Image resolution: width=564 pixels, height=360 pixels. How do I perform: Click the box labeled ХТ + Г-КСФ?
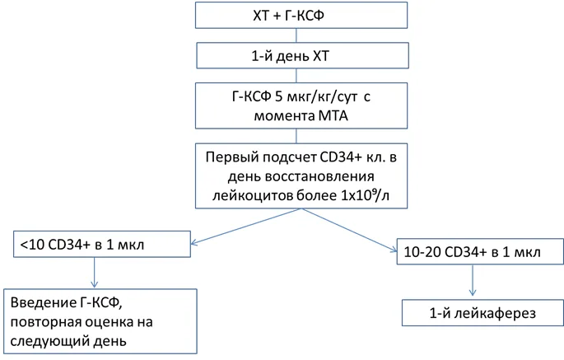pyautogui.click(x=301, y=15)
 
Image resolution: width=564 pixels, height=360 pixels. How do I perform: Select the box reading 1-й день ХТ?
pyautogui.click(x=302, y=55)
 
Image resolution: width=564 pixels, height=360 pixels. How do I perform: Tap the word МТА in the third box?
pyautogui.click(x=333, y=116)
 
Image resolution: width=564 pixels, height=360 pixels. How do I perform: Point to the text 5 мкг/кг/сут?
pyautogui.click(x=316, y=97)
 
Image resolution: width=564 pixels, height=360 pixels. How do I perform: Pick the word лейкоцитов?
pyautogui.click(x=252, y=195)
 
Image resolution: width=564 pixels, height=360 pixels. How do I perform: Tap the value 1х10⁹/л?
pyautogui.click(x=365, y=195)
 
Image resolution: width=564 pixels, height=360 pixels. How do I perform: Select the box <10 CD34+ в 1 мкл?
pyautogui.click(x=102, y=244)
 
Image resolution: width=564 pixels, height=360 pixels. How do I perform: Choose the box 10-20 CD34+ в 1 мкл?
pyautogui.click(x=480, y=251)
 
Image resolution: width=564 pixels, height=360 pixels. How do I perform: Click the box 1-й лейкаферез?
pyautogui.click(x=482, y=313)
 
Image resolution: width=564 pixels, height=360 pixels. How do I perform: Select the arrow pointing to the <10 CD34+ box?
pyautogui.click(x=246, y=227)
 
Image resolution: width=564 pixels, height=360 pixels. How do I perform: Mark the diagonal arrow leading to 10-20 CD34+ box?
pyautogui.click(x=349, y=230)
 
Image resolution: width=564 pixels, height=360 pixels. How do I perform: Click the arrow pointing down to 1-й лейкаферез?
pyautogui.click(x=473, y=280)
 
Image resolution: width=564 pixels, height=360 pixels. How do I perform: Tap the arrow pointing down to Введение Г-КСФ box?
pyautogui.click(x=94, y=273)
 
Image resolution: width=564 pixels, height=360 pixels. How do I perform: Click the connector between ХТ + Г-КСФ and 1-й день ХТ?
pyautogui.click(x=296, y=35)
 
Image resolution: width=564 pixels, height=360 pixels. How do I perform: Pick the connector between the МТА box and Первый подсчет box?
pyautogui.click(x=296, y=136)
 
